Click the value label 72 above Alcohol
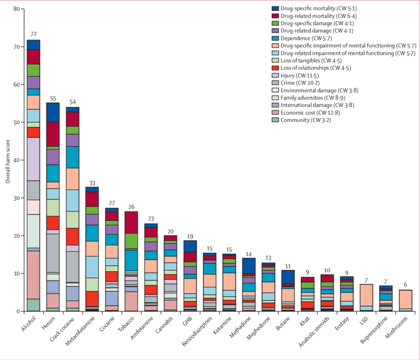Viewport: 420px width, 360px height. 34,34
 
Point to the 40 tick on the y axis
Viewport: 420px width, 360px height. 17,160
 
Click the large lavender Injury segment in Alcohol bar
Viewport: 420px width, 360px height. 34,159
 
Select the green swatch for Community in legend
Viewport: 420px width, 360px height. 276,120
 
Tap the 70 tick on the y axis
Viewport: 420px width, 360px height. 17,47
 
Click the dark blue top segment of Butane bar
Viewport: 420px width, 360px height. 288,277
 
